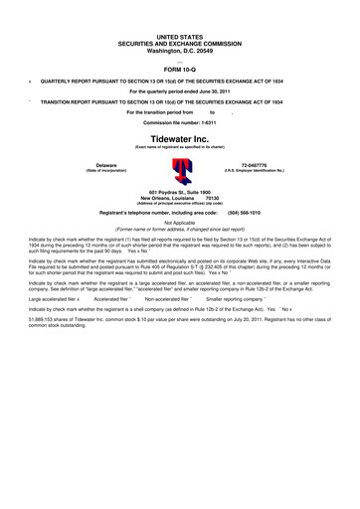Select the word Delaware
pyautogui.click(x=105, y=164)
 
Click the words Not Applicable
pyautogui.click(x=180, y=224)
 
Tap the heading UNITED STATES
pyautogui.click(x=180, y=8)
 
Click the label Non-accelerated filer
pyautogui.click(x=169, y=296)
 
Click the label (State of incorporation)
pyautogui.click(x=105, y=170)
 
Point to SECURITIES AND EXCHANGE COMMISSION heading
pyautogui.click(x=180, y=15)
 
